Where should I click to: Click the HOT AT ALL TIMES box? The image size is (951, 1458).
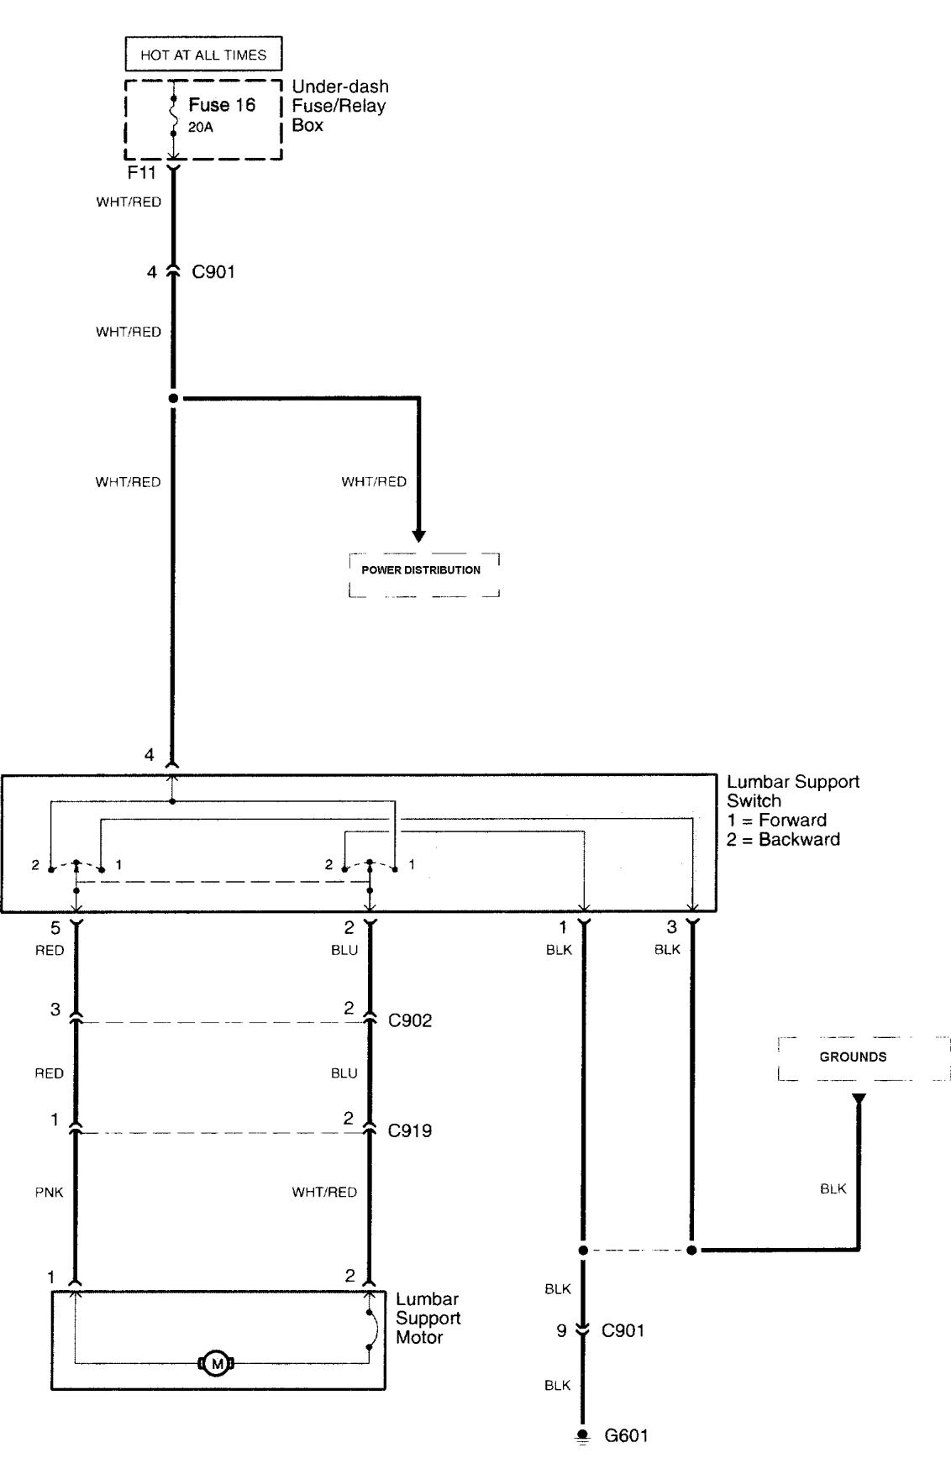point(203,55)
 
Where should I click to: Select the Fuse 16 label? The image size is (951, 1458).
point(222,105)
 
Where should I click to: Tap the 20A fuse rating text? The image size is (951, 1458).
point(200,128)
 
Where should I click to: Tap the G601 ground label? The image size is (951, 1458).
point(626,1435)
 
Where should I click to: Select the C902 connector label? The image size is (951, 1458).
point(410,1020)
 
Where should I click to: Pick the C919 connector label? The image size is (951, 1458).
point(410,1130)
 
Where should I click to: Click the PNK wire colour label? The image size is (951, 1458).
point(50,1192)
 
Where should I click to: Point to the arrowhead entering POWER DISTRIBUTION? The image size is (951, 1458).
point(418,536)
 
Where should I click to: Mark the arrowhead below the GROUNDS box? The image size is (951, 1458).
point(859,1099)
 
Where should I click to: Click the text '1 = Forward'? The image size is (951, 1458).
point(777,821)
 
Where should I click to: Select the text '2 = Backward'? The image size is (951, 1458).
point(783,840)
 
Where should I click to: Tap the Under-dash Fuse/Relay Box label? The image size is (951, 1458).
point(339,106)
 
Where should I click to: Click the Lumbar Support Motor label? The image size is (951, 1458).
point(428,1319)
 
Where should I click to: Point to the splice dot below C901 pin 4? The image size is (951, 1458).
point(174,398)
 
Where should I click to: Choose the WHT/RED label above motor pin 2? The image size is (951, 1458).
point(324,1192)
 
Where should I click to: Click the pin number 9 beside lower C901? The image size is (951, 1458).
point(562,1330)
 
